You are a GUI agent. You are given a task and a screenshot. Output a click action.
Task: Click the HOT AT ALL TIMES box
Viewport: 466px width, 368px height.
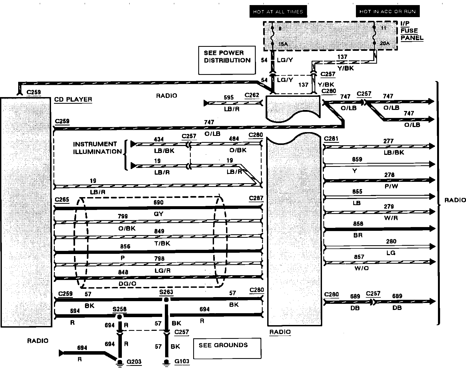[278, 12]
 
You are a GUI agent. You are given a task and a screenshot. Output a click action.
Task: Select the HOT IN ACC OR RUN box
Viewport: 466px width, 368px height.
[387, 11]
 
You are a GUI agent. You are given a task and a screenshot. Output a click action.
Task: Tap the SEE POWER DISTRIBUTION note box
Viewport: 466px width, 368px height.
[227, 60]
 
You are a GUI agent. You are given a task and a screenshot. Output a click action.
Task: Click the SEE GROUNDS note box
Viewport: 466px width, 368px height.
[227, 348]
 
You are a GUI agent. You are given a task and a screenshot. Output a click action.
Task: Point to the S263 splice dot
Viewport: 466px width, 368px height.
[166, 300]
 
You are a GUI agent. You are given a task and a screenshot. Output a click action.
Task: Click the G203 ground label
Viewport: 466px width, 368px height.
[134, 362]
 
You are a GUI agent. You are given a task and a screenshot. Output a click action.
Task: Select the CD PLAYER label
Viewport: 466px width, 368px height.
[73, 99]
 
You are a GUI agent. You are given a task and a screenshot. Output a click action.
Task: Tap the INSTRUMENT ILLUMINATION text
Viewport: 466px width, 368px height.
[97, 148]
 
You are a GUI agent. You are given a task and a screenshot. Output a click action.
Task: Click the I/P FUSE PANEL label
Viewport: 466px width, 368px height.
[412, 31]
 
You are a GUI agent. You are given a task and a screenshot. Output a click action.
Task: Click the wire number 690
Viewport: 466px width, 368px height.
[158, 202]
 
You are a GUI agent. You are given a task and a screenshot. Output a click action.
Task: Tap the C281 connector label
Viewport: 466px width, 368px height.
[331, 139]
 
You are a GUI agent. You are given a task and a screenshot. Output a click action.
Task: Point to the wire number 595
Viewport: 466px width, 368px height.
[228, 98]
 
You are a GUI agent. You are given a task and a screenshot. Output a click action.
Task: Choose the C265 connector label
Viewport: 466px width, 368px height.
[62, 200]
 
